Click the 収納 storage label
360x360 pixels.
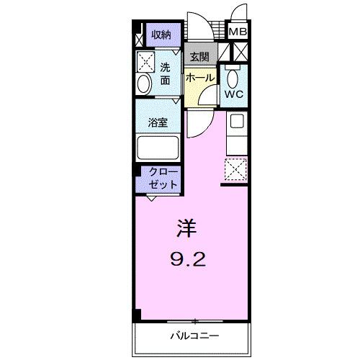(x=161, y=35)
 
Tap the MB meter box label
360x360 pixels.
(x=238, y=32)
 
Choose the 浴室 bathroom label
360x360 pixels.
(x=158, y=122)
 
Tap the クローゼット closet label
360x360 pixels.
(x=161, y=178)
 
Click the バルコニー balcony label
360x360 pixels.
(x=194, y=336)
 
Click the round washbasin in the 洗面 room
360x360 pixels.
(x=143, y=84)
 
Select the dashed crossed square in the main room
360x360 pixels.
(x=235, y=170)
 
